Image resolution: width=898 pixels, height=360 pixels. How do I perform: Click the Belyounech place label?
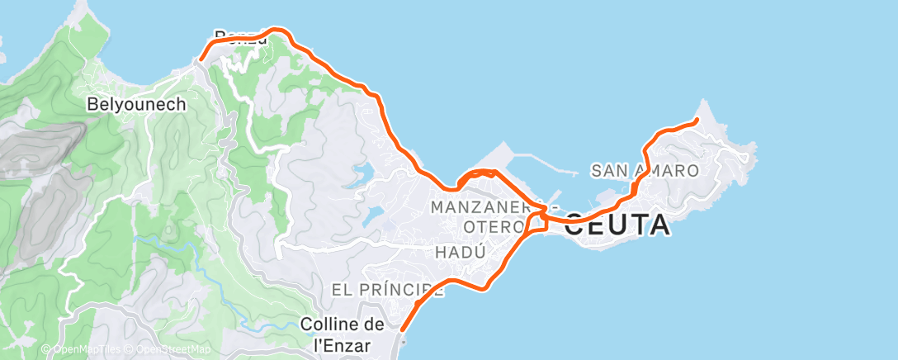(x=137, y=105)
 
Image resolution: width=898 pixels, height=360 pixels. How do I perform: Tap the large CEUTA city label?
(x=618, y=225)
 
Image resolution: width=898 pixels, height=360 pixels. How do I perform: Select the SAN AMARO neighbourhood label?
(x=645, y=171)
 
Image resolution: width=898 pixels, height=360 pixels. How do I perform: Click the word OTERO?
(x=494, y=226)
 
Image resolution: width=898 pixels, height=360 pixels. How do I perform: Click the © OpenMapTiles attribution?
(x=78, y=350)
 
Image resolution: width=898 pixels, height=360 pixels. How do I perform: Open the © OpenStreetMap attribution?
(x=166, y=350)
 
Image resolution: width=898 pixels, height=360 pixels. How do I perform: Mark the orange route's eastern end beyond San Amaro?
(x=697, y=121)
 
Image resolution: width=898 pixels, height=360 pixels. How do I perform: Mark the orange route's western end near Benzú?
(x=200, y=59)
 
